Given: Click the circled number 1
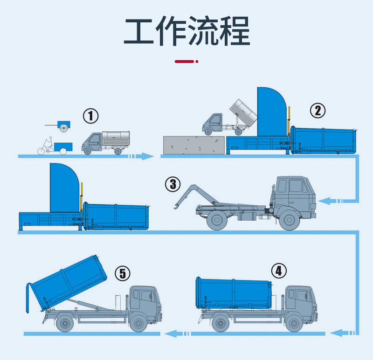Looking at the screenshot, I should [91, 115].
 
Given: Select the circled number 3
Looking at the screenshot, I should [173, 184].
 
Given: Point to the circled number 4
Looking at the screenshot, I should [278, 270].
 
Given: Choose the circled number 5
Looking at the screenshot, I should [123, 273].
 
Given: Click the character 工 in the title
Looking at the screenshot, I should [139, 31].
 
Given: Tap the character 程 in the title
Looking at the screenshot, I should [235, 31].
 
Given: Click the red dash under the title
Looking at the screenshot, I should [184, 61].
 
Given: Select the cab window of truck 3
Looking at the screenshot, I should [295, 186].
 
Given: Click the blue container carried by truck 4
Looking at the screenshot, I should [233, 292].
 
